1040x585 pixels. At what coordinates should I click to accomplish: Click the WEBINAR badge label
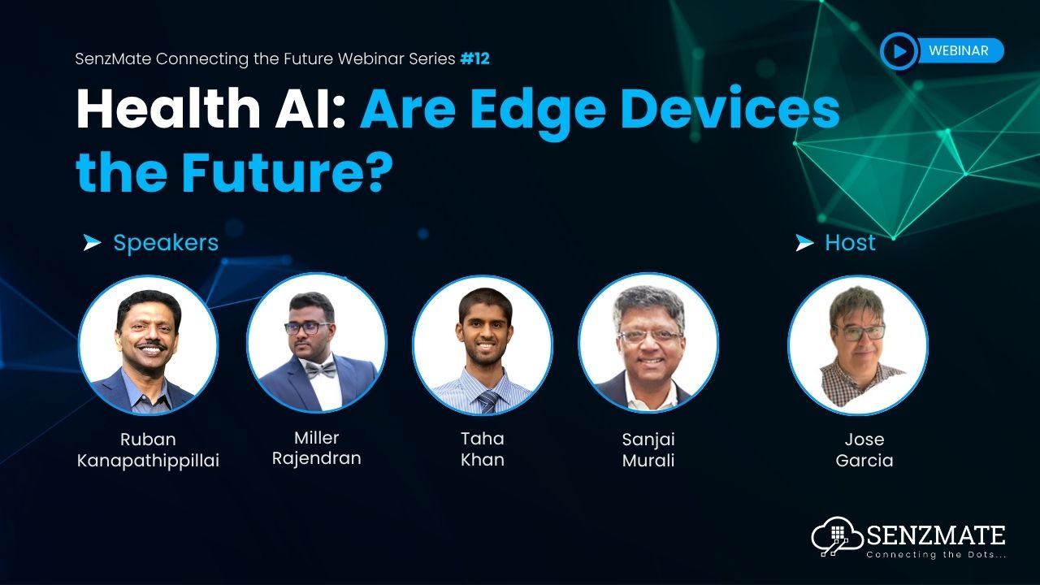[x=959, y=50]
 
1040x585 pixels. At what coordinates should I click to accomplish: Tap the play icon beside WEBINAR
[x=899, y=51]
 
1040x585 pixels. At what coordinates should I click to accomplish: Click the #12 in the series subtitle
[x=474, y=58]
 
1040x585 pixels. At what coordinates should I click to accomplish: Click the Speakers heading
[x=166, y=242]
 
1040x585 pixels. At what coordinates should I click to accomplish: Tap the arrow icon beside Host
[x=804, y=242]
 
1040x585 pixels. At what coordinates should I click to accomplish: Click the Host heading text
[x=850, y=242]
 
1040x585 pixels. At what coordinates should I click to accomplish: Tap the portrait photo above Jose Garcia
[x=858, y=345]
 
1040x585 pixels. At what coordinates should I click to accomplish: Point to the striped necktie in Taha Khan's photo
[x=487, y=401]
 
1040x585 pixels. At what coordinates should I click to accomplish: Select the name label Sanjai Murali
[x=648, y=449]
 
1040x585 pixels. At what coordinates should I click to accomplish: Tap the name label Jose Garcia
[x=864, y=450]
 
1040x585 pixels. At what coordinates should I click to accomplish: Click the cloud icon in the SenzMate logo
[x=837, y=536]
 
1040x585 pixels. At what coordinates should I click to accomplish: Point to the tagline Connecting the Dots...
[x=936, y=554]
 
